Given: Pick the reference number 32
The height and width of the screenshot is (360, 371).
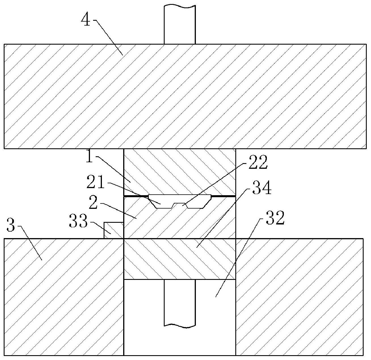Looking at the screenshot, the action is click(x=274, y=219).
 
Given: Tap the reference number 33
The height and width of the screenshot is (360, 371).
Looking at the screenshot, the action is click(x=78, y=222).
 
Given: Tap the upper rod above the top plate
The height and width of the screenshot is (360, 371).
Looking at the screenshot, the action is click(x=180, y=24).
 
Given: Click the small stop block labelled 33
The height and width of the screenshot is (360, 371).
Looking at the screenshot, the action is click(x=113, y=230).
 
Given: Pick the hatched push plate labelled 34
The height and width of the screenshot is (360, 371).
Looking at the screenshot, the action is click(x=179, y=259).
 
